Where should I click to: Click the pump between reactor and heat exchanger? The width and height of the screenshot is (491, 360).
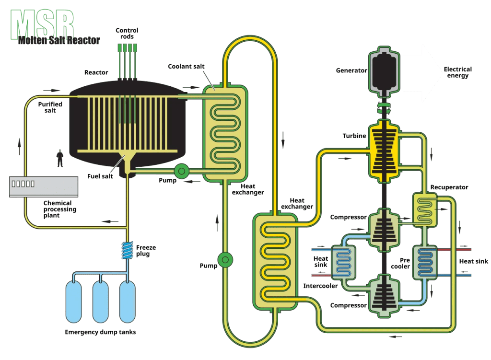click(x=182, y=170)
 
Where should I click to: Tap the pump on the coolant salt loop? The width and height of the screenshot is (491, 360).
click(x=224, y=259)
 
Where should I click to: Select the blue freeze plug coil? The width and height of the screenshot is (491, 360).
click(x=128, y=250)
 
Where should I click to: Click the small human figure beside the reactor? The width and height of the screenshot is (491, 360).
click(x=60, y=158)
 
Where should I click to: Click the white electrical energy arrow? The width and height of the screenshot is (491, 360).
click(x=422, y=73)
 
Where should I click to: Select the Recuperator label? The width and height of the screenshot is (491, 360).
click(x=449, y=187)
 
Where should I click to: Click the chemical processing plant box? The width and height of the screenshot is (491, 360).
click(x=44, y=186)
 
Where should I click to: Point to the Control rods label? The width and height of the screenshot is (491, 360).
click(x=127, y=34)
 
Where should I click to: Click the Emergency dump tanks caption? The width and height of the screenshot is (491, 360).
click(x=100, y=332)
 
